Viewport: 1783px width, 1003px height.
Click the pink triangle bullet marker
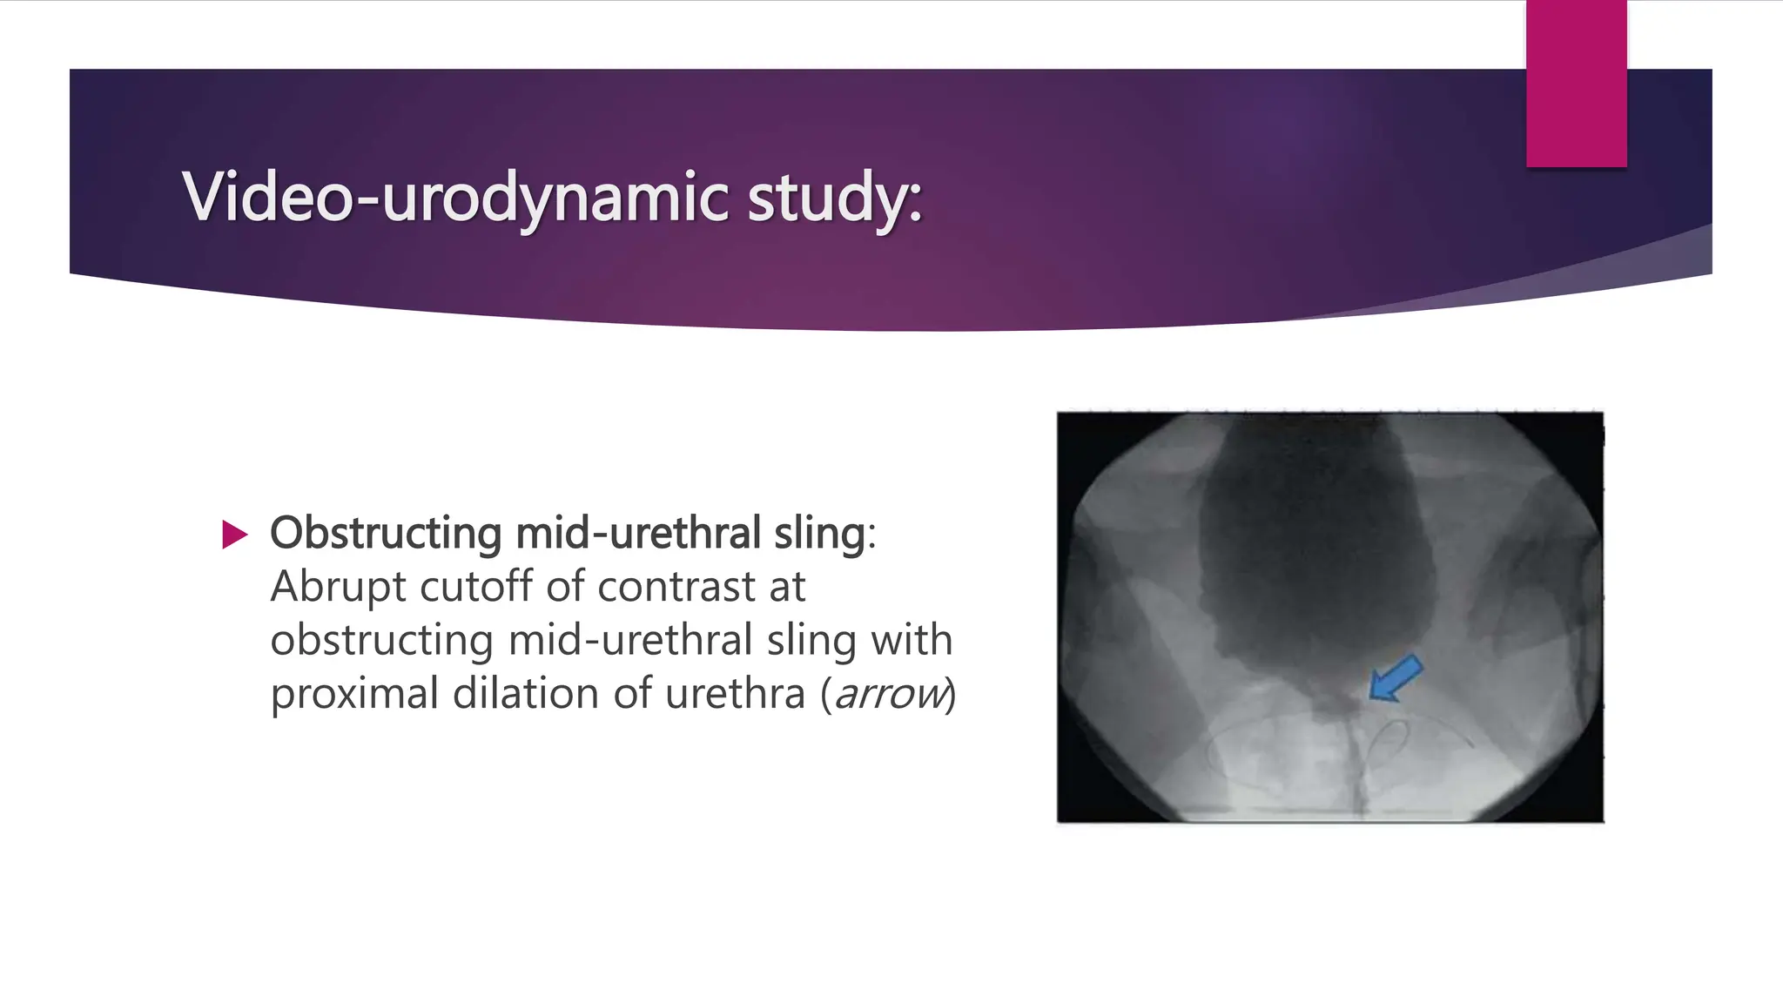pyautogui.click(x=234, y=535)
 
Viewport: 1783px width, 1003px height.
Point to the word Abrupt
pyautogui.click(x=338, y=587)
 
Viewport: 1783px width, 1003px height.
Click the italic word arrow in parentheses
pyautogui.click(x=889, y=695)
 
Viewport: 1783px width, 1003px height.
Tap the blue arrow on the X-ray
pyautogui.click(x=1396, y=678)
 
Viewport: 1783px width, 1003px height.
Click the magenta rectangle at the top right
pyautogui.click(x=1576, y=83)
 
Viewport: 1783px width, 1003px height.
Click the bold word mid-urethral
pyautogui.click(x=638, y=533)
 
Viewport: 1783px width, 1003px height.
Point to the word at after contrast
pyautogui.click(x=786, y=587)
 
